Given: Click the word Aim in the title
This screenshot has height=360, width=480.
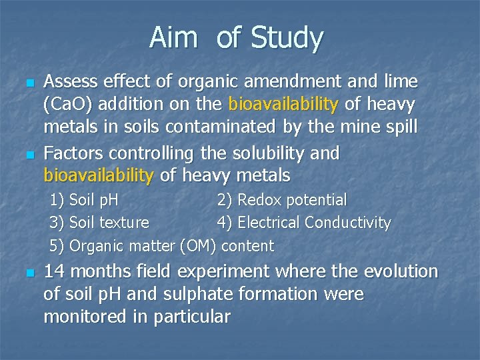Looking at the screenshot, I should [173, 38].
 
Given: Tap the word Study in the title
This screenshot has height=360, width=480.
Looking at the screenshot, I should [287, 39].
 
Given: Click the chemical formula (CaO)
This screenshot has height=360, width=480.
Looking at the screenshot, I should [69, 105].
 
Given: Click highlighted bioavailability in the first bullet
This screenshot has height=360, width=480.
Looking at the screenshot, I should [283, 105].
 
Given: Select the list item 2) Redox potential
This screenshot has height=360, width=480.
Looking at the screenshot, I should [282, 200].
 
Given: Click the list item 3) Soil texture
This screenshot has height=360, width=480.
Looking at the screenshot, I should [100, 223].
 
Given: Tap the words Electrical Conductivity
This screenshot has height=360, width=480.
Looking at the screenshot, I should [314, 223].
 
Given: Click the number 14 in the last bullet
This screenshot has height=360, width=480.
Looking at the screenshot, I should [55, 271].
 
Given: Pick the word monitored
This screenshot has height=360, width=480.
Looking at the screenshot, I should [88, 317].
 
